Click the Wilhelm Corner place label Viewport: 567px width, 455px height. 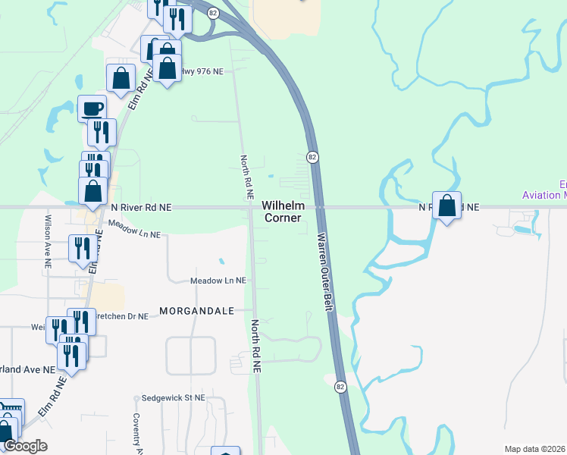282,212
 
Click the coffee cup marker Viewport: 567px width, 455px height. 92,108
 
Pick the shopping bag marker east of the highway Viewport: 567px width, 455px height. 447,205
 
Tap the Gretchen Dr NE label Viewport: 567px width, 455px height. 121,316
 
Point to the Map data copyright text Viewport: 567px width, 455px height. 534,449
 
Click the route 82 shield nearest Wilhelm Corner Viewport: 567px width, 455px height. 312,156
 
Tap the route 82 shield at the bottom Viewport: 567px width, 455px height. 341,387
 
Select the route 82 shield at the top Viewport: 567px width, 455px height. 214,13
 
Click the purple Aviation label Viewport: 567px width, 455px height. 544,195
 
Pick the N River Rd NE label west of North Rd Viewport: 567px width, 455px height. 142,206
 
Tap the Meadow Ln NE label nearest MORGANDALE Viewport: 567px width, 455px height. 218,280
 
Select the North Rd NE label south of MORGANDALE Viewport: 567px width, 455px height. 255,346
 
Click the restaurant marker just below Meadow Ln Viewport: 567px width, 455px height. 80,248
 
